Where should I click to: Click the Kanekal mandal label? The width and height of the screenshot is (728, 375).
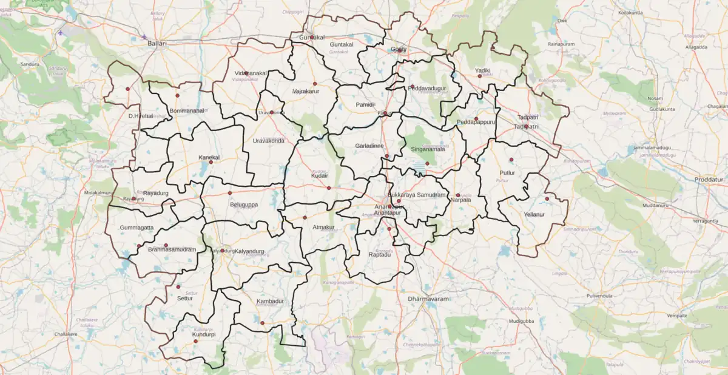209,157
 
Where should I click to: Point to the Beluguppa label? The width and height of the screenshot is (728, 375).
244,204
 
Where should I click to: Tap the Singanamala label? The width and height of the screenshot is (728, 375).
428,149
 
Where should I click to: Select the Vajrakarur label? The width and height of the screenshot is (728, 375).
306,91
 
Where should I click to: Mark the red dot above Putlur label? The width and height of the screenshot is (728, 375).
511,160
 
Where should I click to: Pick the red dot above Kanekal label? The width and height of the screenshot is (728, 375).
211,162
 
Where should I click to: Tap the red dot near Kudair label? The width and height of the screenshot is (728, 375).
329,187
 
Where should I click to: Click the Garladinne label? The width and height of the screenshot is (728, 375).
369,146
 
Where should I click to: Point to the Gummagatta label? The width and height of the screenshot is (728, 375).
136,228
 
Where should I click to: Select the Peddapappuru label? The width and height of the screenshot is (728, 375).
476,121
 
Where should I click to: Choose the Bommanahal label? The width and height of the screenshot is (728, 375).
187,111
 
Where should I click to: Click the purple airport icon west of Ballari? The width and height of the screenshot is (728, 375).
60,32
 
